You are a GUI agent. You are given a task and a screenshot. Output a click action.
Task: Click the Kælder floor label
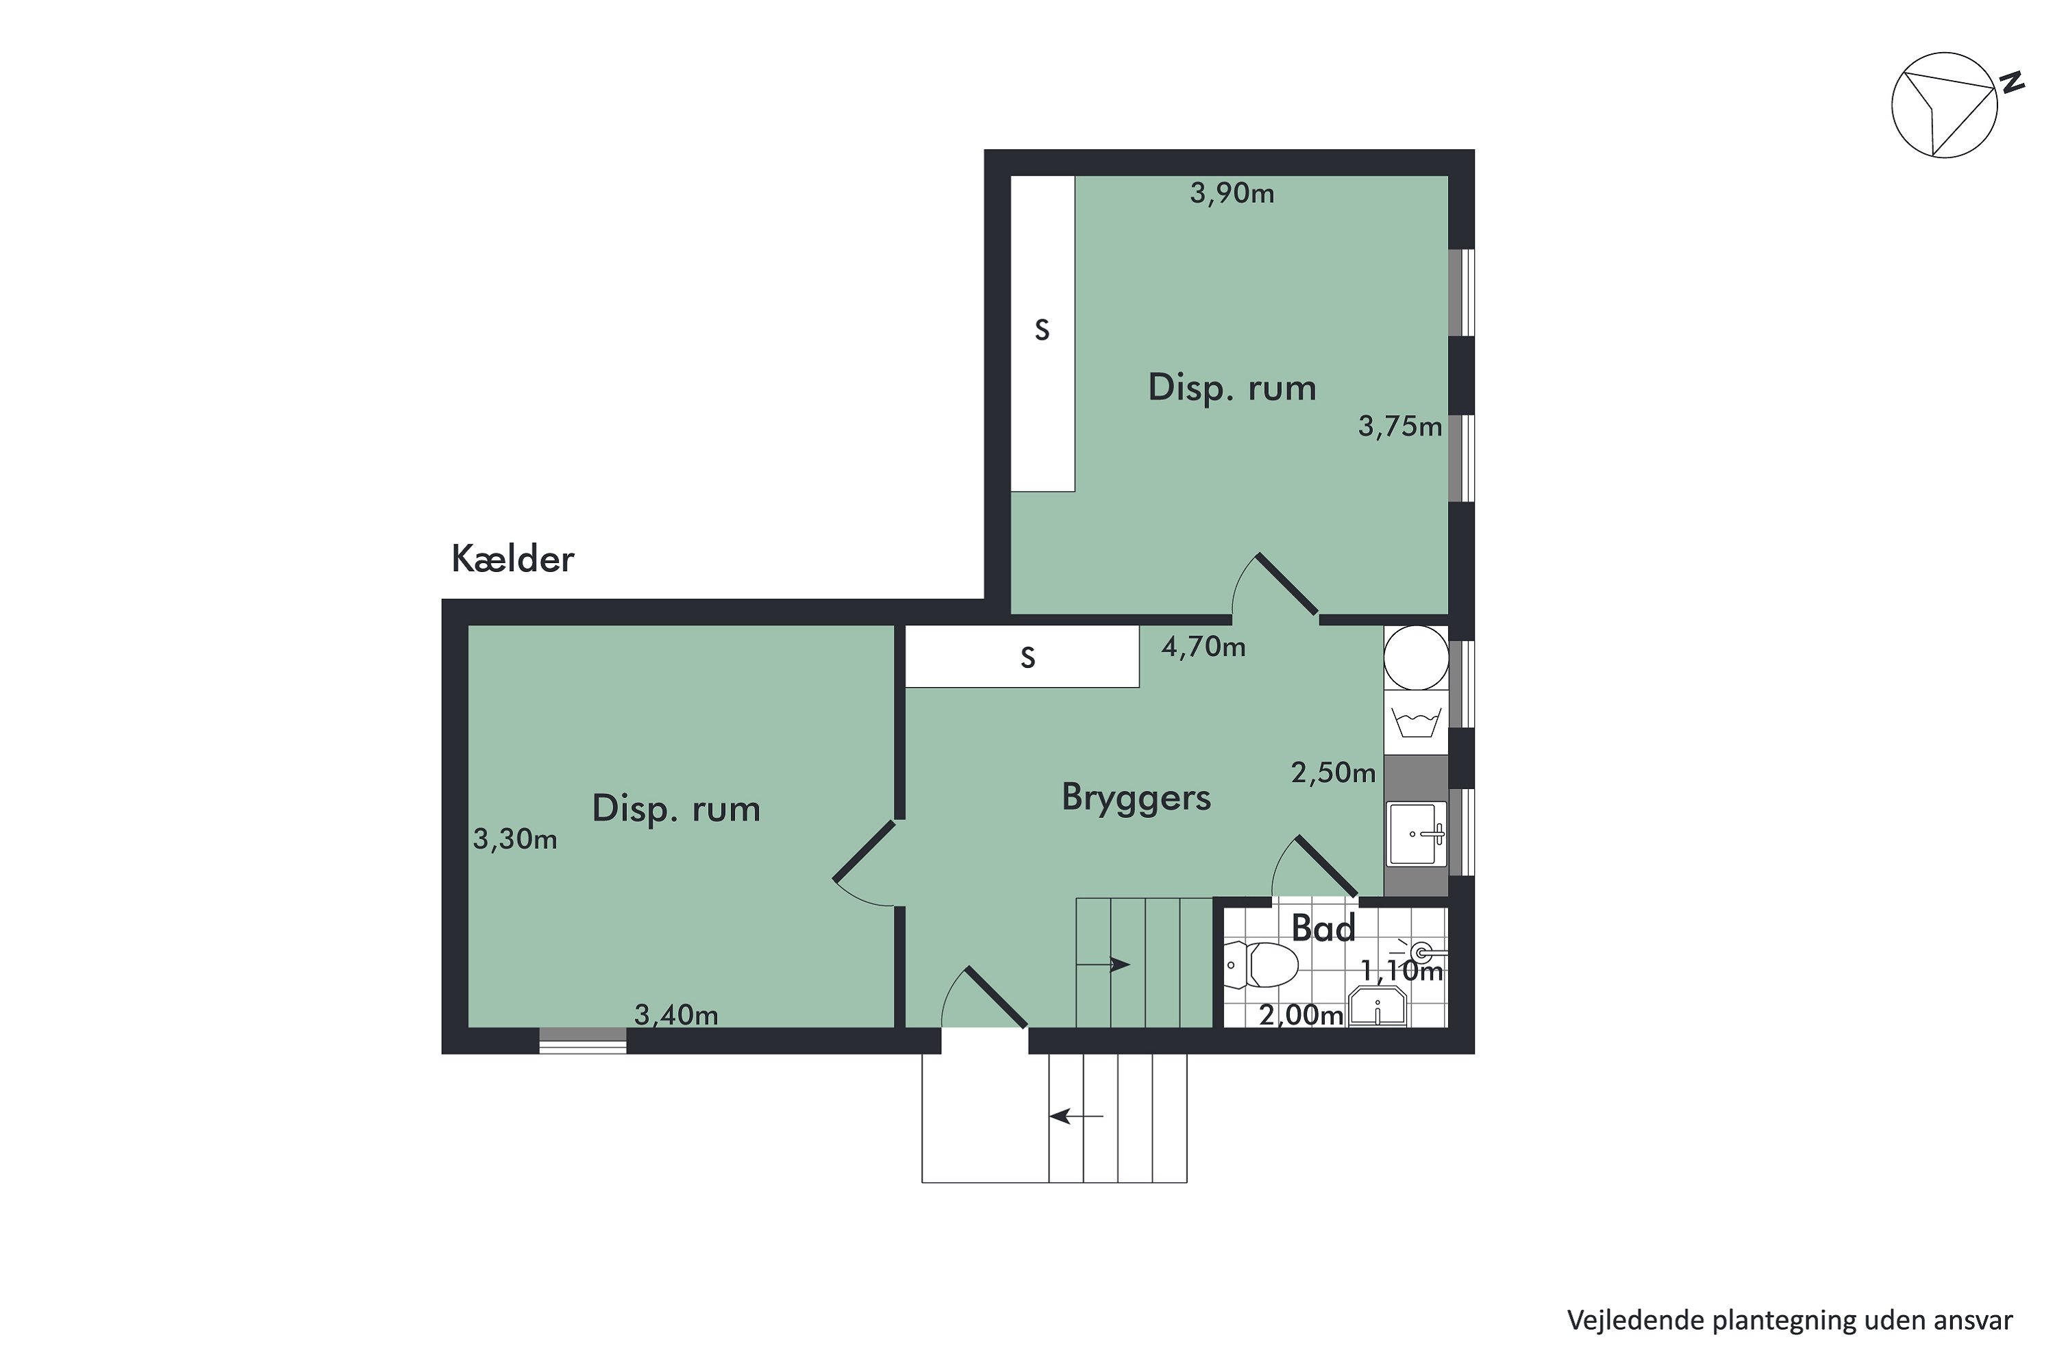[x=513, y=559]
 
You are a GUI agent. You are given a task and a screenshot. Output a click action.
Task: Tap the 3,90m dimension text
[x=1232, y=193]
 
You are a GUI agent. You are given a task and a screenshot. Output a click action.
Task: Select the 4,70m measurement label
[x=1203, y=647]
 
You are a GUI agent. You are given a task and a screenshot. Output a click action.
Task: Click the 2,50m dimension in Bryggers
[x=1333, y=773]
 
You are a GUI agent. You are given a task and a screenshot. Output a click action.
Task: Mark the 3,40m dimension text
[x=676, y=1014]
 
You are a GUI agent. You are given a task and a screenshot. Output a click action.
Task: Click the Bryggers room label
[x=1136, y=797]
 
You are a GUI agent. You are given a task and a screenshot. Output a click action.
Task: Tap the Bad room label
[x=1323, y=928]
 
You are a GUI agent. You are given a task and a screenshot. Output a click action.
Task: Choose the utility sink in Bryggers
[x=1415, y=834]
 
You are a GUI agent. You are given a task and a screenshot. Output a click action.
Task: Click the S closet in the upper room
[x=1043, y=332]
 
